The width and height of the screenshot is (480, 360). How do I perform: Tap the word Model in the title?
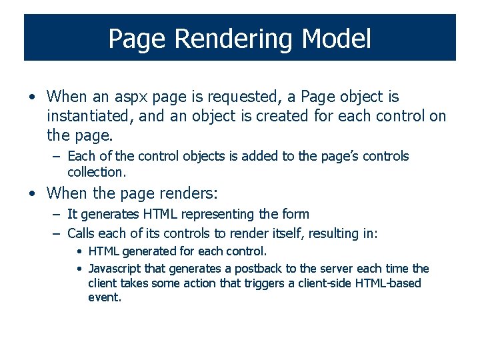pyautogui.click(x=336, y=39)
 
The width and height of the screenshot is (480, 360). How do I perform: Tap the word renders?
pyautogui.click(x=189, y=194)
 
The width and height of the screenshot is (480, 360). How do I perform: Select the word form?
pyautogui.click(x=296, y=215)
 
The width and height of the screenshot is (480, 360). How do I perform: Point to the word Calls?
pyautogui.click(x=81, y=233)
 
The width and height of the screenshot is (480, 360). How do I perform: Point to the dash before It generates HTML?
pyautogui.click(x=56, y=215)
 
